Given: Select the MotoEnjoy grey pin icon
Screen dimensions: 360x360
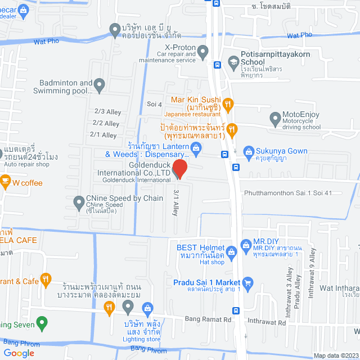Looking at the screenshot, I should (275, 119).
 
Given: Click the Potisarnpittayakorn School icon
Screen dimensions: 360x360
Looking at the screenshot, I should (233, 61).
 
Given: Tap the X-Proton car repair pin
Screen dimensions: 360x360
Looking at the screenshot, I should (204, 52).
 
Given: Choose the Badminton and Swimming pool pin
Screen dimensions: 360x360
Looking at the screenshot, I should (99, 85).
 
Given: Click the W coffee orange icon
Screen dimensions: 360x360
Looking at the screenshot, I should (4, 182).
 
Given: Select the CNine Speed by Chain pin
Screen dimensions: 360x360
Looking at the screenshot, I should (79, 201).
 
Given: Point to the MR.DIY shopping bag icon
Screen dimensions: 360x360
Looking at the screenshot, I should (245, 245).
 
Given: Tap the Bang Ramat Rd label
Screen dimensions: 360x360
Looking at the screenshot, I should (208, 319).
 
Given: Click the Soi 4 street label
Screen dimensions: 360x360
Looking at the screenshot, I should (154, 104).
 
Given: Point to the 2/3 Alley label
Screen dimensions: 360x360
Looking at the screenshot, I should (107, 111).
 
